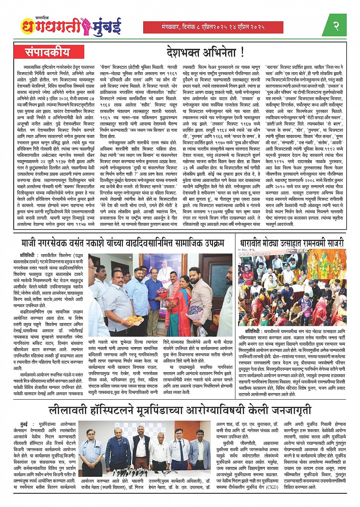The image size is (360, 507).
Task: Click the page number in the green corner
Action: point(336,26)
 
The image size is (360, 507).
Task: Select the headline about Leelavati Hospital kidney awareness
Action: point(180,410)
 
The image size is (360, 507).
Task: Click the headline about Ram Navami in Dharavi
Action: point(292,243)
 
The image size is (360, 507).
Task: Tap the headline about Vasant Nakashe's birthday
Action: point(123,243)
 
